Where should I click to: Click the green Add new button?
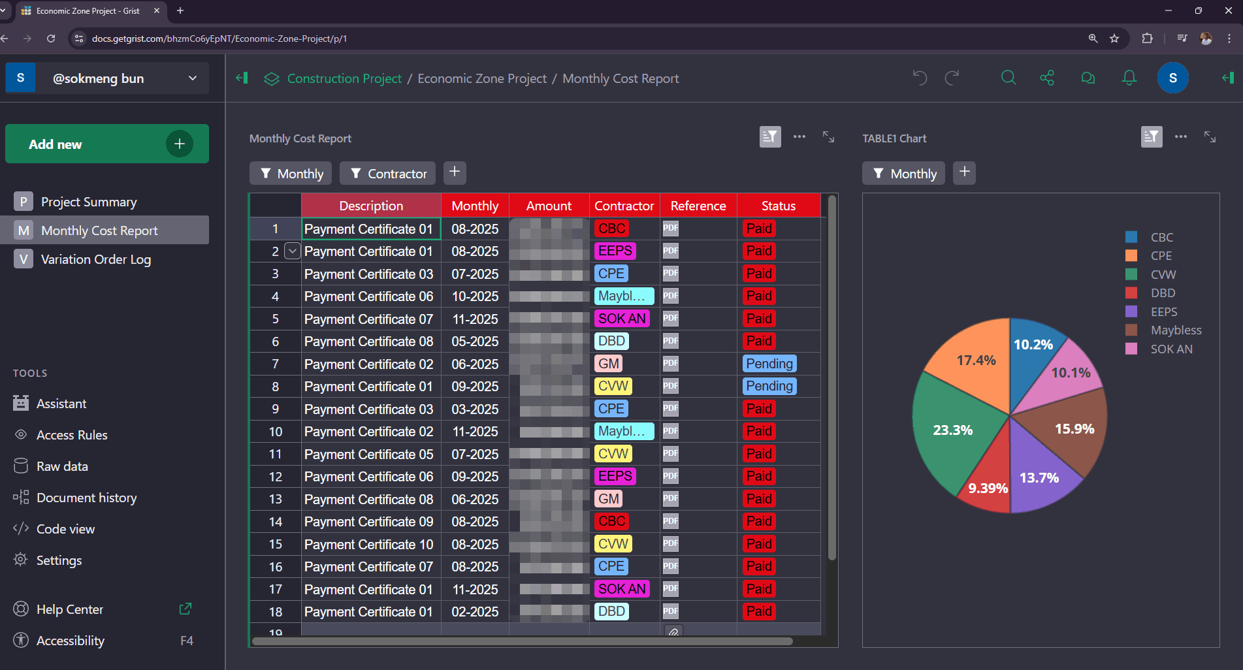[106, 144]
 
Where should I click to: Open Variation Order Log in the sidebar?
[95, 259]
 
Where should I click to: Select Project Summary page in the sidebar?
[89, 202]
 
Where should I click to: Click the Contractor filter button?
[388, 173]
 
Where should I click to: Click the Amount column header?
[549, 206]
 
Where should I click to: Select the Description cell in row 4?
[369, 296]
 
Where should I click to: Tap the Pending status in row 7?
[769, 364]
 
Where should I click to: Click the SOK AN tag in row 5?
[622, 319]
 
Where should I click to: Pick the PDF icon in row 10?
[670, 431]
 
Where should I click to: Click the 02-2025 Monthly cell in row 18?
[475, 612]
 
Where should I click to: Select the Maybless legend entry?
[1175, 330]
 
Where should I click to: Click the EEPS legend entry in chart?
[1163, 311]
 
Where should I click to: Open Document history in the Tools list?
[86, 498]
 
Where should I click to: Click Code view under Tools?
[65, 529]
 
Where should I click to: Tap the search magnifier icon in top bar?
[1009, 78]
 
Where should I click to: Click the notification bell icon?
[1129, 78]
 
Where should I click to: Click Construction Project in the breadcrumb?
[344, 78]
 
